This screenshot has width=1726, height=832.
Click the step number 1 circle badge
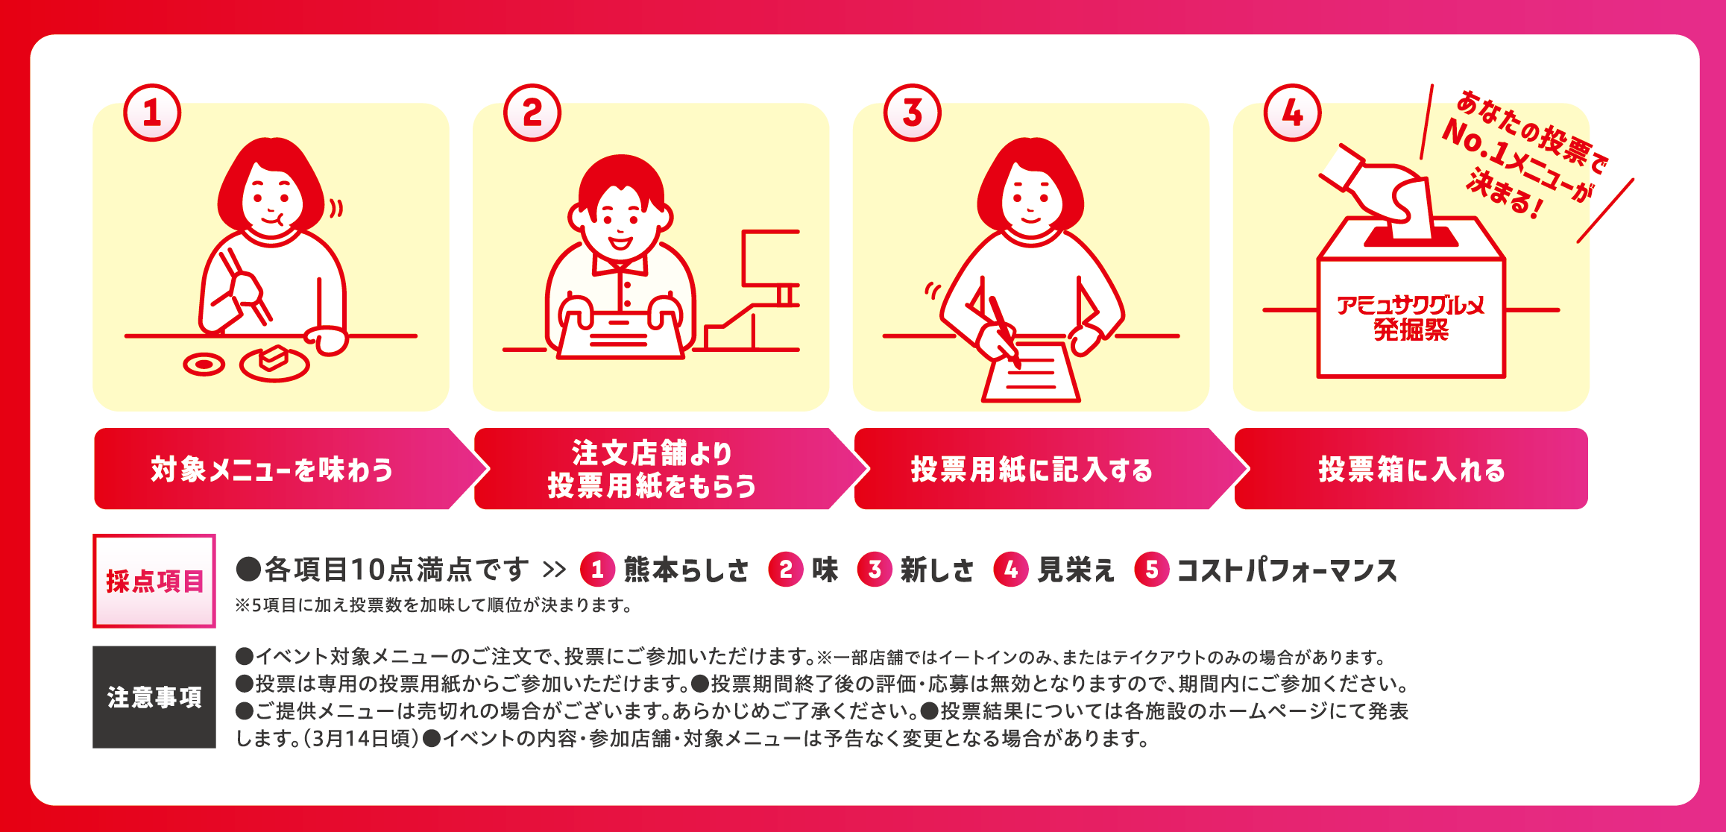pyautogui.click(x=152, y=113)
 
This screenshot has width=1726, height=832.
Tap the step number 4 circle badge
pyautogui.click(x=1292, y=113)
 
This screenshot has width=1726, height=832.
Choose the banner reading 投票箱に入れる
pyautogui.click(x=1411, y=469)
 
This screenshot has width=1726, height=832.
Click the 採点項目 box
pyautogui.click(x=154, y=581)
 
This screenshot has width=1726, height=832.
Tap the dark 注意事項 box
pyautogui.click(x=154, y=697)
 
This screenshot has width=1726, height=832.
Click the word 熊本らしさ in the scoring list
pyautogui.click(x=686, y=570)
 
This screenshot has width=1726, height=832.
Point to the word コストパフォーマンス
pyautogui.click(x=1287, y=570)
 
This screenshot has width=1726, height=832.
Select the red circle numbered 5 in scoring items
pyautogui.click(x=1152, y=570)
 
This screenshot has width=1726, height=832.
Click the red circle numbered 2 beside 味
pyautogui.click(x=786, y=570)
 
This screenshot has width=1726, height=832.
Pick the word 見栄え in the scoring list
pyautogui.click(x=1076, y=570)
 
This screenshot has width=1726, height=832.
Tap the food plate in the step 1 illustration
pyautogui.click(x=274, y=363)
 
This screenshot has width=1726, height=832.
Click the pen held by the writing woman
pyautogui.click(x=1005, y=331)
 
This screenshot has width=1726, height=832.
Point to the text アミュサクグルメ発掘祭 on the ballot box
pyautogui.click(x=1411, y=318)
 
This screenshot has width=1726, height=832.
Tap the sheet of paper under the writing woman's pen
pyautogui.click(x=1031, y=372)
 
